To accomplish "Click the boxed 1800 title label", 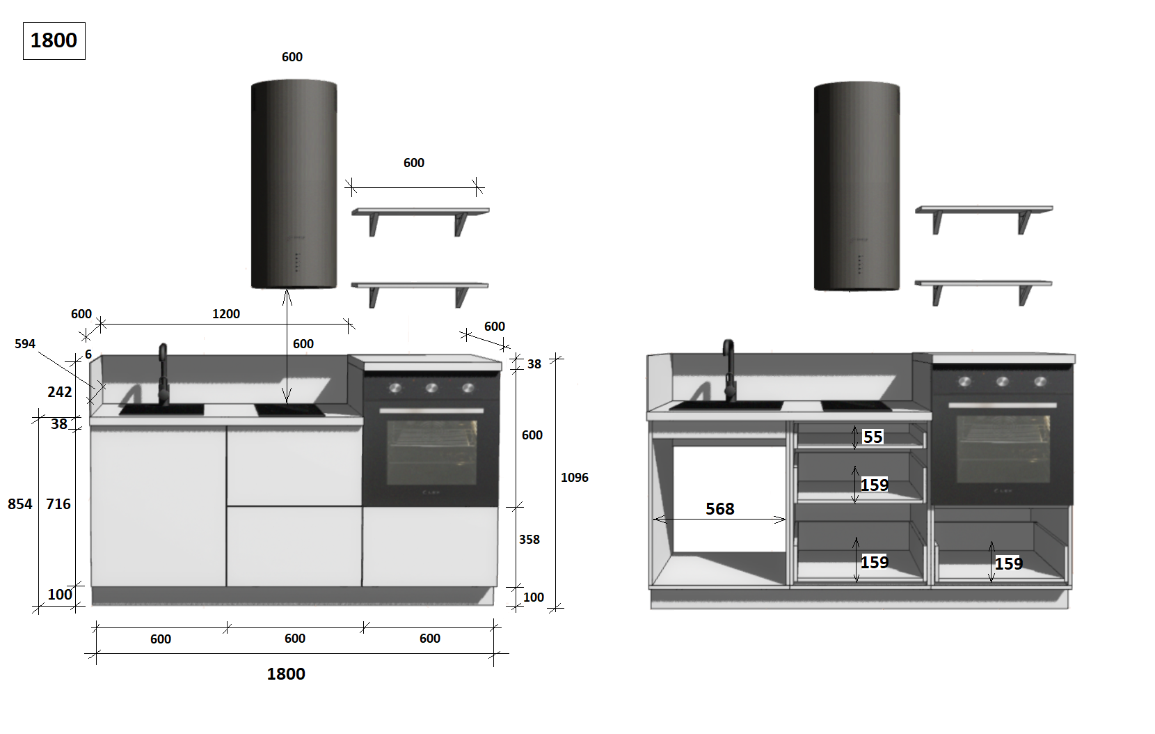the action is (x=54, y=41).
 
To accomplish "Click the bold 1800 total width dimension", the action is (x=286, y=673).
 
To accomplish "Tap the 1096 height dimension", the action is (x=575, y=478).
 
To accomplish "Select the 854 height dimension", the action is (x=20, y=503).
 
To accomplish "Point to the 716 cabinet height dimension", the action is (x=58, y=503).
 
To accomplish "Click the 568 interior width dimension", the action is (x=720, y=509).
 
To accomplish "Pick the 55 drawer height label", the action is (x=873, y=437).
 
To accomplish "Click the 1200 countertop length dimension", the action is (x=226, y=314).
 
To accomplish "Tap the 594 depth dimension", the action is (x=25, y=344).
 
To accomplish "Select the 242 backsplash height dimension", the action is (x=60, y=392).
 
